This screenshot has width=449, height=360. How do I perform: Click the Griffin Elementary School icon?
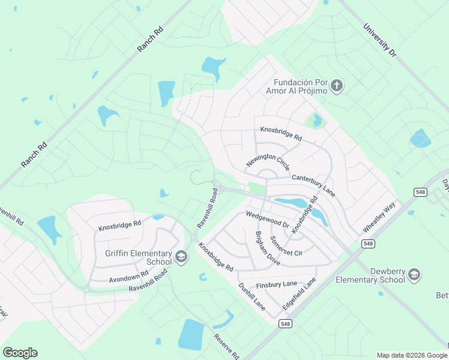181,258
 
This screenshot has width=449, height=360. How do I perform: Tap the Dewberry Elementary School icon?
414,275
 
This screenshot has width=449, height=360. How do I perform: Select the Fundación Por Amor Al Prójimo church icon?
336,86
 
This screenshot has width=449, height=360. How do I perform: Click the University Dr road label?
380,41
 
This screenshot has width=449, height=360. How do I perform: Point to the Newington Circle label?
268,161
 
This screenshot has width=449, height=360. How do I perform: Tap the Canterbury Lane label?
313,186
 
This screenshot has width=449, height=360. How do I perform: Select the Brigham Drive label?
268,250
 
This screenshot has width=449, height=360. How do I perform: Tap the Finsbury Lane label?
277,284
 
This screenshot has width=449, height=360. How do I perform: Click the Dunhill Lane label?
252,296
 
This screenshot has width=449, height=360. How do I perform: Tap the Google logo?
20,353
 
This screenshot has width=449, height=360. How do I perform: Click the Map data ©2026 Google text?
411,355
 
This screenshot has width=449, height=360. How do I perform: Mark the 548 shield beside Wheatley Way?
420,191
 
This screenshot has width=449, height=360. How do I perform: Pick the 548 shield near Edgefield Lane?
285,323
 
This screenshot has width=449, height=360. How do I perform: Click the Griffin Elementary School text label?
138,258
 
